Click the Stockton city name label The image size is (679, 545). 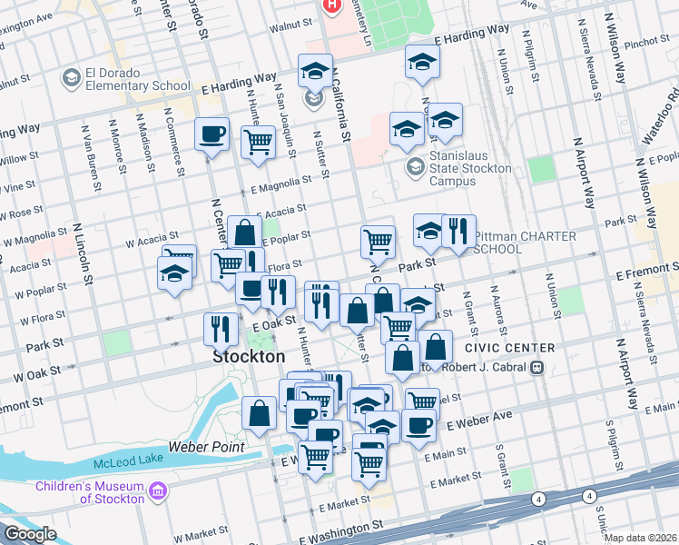pos(248,357)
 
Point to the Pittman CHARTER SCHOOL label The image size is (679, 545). pos(525,243)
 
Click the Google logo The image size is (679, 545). pos(29,534)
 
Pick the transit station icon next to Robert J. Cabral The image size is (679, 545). pos(536,368)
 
